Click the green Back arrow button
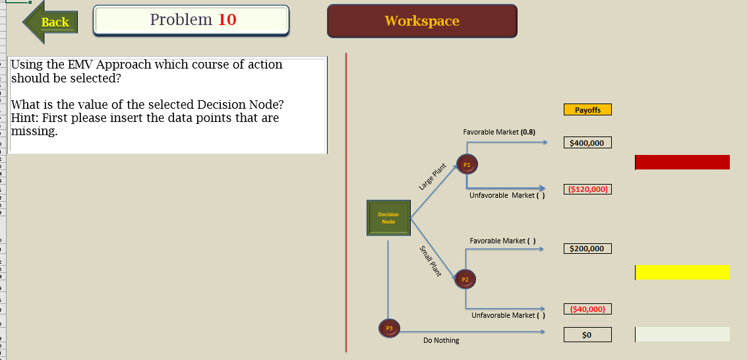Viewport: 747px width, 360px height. click(x=51, y=22)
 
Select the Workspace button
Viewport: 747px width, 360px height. click(x=422, y=21)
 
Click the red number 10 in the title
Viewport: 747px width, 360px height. click(x=227, y=20)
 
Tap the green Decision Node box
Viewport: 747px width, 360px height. click(x=388, y=218)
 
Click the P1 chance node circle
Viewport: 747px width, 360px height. click(x=467, y=164)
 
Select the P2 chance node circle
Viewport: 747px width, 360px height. click(x=465, y=280)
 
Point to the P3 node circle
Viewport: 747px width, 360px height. click(x=389, y=328)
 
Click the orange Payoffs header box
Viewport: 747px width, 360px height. click(x=587, y=110)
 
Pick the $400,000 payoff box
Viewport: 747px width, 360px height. click(x=587, y=143)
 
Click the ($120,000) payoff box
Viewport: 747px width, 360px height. click(x=587, y=190)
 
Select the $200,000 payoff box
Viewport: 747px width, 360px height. click(x=587, y=249)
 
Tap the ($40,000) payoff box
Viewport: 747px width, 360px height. click(x=587, y=309)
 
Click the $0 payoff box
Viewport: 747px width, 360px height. click(x=587, y=335)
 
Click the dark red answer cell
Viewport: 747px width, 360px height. click(x=682, y=162)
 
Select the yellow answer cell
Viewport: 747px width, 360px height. click(x=682, y=272)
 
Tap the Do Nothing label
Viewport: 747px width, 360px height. click(x=441, y=340)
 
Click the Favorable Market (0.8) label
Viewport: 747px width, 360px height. click(x=499, y=133)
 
